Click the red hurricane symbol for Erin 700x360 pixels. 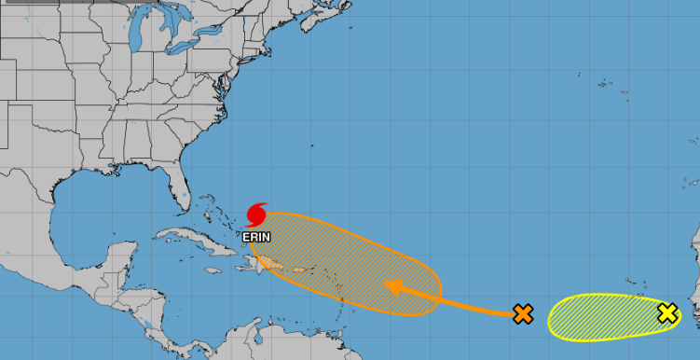click(x=257, y=215)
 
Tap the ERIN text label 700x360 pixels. click(x=256, y=237)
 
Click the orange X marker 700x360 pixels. click(x=523, y=314)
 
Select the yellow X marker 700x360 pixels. click(x=667, y=314)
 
